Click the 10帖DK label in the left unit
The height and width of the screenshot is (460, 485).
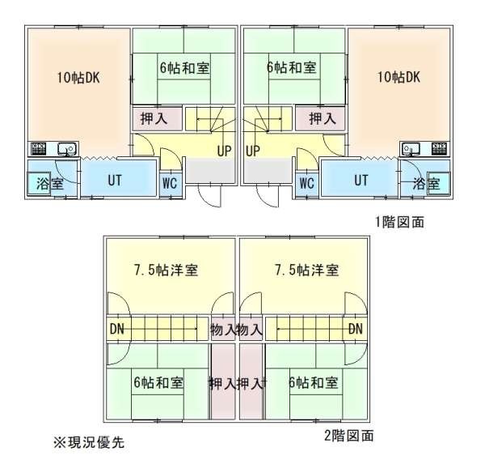click(x=78, y=78)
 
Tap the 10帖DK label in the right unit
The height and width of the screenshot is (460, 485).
click(x=399, y=77)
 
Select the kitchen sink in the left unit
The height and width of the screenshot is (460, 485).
click(x=67, y=149)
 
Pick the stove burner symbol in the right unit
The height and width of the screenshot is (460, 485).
click(x=440, y=149)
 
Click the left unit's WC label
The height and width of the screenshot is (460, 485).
click(x=170, y=183)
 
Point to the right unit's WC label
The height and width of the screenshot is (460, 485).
click(x=307, y=183)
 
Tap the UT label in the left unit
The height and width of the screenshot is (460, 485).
click(x=115, y=181)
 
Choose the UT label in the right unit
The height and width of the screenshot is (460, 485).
click(x=361, y=181)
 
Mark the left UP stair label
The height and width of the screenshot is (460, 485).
click(x=224, y=151)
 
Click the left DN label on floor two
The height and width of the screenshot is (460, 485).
click(x=117, y=329)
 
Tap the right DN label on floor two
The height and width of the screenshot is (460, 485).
click(x=356, y=329)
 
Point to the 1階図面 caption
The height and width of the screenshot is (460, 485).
click(x=399, y=222)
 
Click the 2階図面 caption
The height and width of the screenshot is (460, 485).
click(x=349, y=436)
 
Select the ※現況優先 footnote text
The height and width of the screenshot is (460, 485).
click(x=89, y=442)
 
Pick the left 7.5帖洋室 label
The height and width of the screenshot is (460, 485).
click(x=166, y=270)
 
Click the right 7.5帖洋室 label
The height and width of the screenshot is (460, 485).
click(x=307, y=270)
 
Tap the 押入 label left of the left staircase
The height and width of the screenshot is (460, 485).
click(x=154, y=118)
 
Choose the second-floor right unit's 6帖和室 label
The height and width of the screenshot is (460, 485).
click(x=314, y=382)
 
